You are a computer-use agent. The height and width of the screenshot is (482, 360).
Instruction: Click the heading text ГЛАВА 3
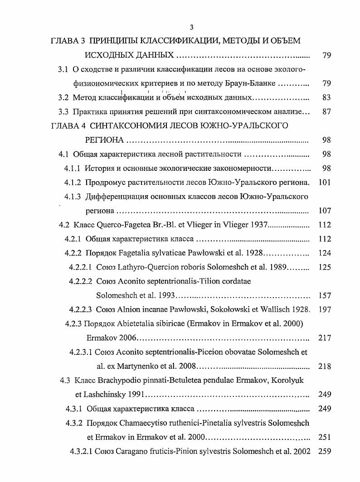coord(68,41)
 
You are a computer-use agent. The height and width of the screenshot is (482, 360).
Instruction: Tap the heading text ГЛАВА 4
coord(68,125)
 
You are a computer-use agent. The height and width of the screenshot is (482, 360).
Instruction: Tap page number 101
coord(324,183)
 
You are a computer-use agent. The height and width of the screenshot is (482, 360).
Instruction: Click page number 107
coord(324,211)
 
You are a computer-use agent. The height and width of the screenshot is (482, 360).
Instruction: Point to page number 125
coord(325,267)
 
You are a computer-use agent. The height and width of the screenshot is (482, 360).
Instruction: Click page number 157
coord(325,296)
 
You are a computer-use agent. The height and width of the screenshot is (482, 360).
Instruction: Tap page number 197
coord(325,310)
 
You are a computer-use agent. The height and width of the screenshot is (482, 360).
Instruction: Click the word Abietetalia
coord(141,324)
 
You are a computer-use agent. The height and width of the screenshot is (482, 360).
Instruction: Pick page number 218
coord(325,366)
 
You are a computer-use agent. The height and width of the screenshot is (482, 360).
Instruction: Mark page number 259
coord(325,452)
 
